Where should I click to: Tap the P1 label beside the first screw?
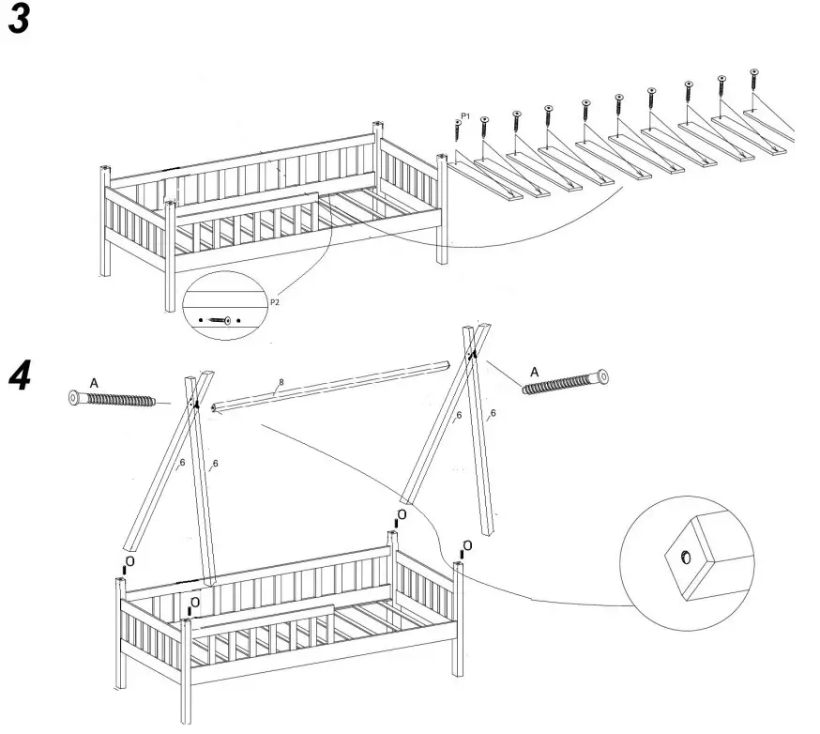pos(464,115)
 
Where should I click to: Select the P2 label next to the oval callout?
pos(274,303)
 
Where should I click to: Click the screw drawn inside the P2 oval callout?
pos(220,320)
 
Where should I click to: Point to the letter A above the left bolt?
pos(94,383)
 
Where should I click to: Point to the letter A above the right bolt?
pos(534,372)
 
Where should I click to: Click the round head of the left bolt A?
pos(75,398)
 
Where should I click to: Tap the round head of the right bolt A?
pos(601,376)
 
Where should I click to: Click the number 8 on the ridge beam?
pos(280,383)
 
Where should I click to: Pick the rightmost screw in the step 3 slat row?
pos(754,79)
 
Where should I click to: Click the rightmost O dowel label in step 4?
pos(466,545)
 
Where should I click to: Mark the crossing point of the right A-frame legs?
pos(475,352)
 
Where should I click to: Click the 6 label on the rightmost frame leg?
pos(494,413)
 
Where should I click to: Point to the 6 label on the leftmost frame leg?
pos(183,462)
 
